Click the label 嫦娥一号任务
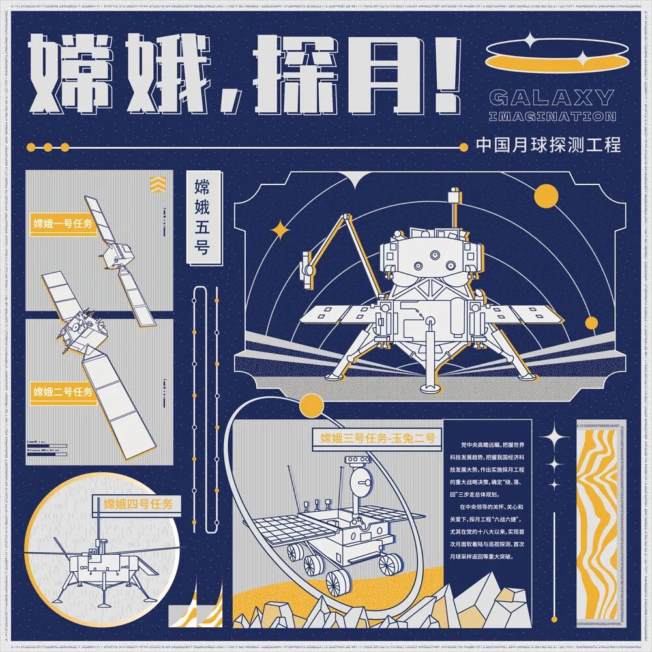pyautogui.click(x=63, y=223)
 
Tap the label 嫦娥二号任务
pyautogui.click(x=63, y=392)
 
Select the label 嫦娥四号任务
pyautogui.click(x=138, y=503)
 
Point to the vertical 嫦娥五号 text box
pyautogui.click(x=202, y=218)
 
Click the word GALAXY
pyautogui.click(x=551, y=98)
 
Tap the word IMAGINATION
pyautogui.click(x=552, y=117)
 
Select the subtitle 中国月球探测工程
pyautogui.click(x=548, y=144)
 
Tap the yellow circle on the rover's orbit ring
pyautogui.click(x=312, y=405)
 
